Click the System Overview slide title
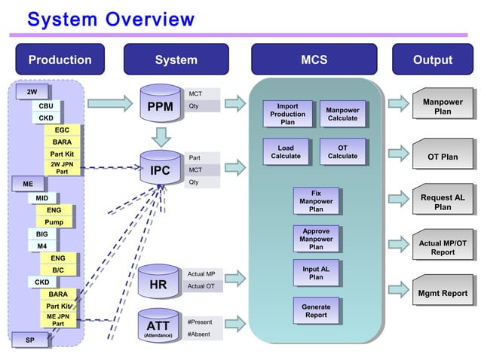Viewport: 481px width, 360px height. tap(110, 18)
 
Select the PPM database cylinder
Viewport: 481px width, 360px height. tap(160, 106)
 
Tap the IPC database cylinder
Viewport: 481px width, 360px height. tap(160, 170)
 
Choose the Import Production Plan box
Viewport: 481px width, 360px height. tap(287, 114)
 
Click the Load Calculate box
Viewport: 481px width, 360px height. tap(286, 151)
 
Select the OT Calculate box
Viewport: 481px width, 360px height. tap(342, 151)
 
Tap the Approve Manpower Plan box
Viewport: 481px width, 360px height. tap(315, 239)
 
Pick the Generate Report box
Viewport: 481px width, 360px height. tap(315, 310)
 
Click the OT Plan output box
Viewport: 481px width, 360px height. tap(443, 157)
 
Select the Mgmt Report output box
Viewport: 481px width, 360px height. tap(443, 293)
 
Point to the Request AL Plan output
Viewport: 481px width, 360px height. tap(443, 202)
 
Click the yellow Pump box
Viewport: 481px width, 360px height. tap(54, 222)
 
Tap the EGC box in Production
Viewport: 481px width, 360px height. tap(62, 130)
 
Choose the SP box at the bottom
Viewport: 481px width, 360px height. tap(30, 340)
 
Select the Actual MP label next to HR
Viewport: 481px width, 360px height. tap(201, 273)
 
